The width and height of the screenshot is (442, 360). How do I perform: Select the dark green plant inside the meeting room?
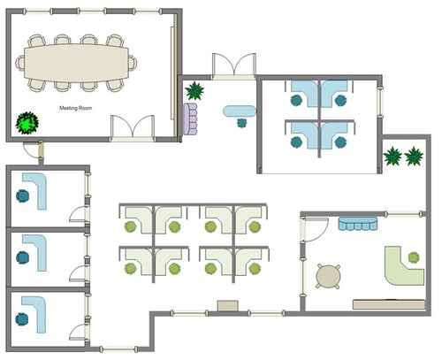click(x=30, y=122)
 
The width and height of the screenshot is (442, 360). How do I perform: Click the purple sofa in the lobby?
click(x=190, y=119)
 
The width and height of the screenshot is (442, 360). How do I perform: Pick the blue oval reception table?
click(x=239, y=111)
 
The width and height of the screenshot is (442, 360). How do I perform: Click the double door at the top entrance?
click(x=233, y=65)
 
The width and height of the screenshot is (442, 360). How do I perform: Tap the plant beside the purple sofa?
click(x=194, y=89)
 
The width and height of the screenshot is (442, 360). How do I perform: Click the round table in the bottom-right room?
click(x=329, y=277)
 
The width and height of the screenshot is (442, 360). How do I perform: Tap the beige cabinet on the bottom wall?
click(x=227, y=306)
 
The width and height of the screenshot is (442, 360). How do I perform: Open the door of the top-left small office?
click(x=78, y=213)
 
